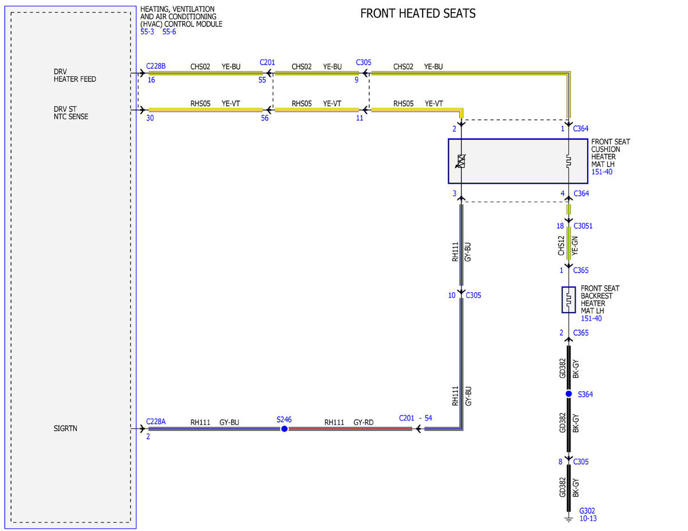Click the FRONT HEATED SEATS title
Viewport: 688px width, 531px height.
coord(417,14)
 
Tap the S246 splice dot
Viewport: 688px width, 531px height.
coord(284,429)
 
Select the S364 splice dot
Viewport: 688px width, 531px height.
coord(569,394)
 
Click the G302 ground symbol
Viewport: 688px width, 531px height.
coord(569,519)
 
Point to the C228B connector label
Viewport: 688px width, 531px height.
coord(156,66)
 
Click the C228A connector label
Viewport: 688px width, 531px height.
coord(156,422)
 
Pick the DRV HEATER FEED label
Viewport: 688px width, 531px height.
coord(75,75)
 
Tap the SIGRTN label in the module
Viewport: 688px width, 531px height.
coord(65,428)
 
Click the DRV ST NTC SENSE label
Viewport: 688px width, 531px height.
coord(71,113)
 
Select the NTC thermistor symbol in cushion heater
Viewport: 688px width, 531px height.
coord(460,161)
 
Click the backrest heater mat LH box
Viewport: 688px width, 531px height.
coord(569,300)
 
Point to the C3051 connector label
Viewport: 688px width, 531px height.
coord(583,226)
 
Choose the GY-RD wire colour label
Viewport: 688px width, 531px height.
coord(363,422)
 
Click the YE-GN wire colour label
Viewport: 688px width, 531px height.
coord(575,246)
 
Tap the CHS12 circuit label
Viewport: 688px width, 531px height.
coord(561,246)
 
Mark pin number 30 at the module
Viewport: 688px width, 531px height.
coord(150,118)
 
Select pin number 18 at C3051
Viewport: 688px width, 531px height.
coord(560,226)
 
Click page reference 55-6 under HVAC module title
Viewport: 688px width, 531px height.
coord(169,32)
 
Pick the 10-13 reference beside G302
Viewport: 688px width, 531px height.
coord(588,518)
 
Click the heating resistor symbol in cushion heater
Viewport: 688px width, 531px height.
coord(569,161)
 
